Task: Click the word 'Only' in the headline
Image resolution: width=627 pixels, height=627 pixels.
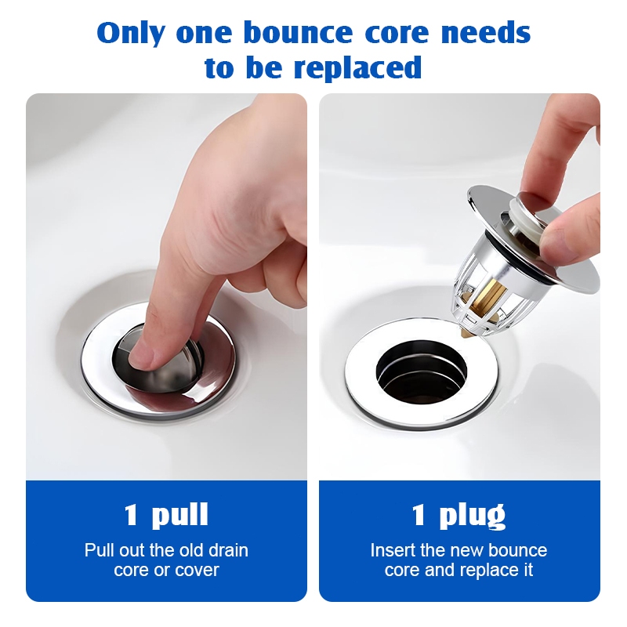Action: pyautogui.click(x=130, y=33)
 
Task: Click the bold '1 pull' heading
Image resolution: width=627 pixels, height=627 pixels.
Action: pyautogui.click(x=166, y=514)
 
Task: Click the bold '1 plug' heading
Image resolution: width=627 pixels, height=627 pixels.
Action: pyautogui.click(x=458, y=515)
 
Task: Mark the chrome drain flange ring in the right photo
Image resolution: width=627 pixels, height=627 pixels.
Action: pyautogui.click(x=422, y=375)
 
